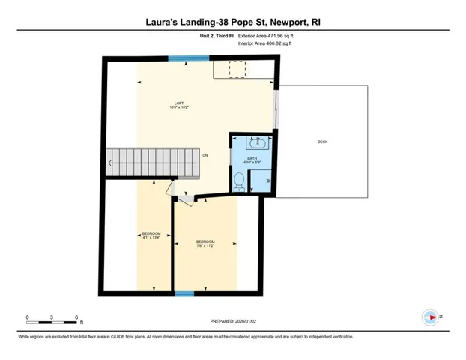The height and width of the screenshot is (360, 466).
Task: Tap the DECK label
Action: [322, 142]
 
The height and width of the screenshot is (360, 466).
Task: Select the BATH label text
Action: [252, 159]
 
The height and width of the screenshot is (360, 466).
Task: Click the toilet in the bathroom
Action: [239, 181]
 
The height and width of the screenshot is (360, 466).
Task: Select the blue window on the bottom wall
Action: [180, 293]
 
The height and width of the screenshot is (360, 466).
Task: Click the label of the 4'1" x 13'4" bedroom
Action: [151, 235]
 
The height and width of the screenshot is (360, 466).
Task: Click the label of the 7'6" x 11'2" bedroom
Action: [205, 243]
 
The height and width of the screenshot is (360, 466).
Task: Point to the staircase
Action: [154, 160]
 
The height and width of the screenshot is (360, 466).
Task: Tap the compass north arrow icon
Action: [430, 316]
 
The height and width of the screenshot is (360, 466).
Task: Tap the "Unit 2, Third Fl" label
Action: [214, 35]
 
